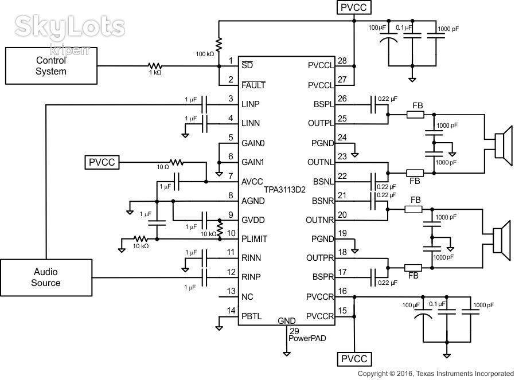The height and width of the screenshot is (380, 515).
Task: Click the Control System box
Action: tap(51, 66)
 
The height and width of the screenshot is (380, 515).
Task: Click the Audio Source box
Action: tap(46, 277)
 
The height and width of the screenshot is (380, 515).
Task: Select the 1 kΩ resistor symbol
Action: tap(155, 66)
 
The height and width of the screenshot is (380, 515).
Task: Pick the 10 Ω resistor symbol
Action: tap(177, 162)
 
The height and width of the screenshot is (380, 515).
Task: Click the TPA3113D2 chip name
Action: tap(285, 190)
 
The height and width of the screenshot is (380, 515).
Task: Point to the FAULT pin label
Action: tap(253, 85)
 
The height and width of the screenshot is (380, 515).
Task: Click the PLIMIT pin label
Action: tap(254, 239)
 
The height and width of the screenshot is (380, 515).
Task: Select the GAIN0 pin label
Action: tap(253, 143)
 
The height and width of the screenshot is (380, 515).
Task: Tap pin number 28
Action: tap(342, 61)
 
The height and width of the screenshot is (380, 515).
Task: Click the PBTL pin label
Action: tap(252, 316)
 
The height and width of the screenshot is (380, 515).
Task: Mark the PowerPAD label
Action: tap(307, 338)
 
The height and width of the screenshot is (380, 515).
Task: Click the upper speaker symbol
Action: tap(503, 146)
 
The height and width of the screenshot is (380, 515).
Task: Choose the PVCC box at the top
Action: tap(354, 7)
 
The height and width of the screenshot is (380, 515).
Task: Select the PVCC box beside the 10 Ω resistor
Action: tap(102, 162)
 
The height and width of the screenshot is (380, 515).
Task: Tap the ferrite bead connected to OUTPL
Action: tap(415, 115)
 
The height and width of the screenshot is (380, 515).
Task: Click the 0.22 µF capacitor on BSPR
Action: tap(373, 277)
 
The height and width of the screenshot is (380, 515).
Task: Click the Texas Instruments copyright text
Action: tap(435, 374)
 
